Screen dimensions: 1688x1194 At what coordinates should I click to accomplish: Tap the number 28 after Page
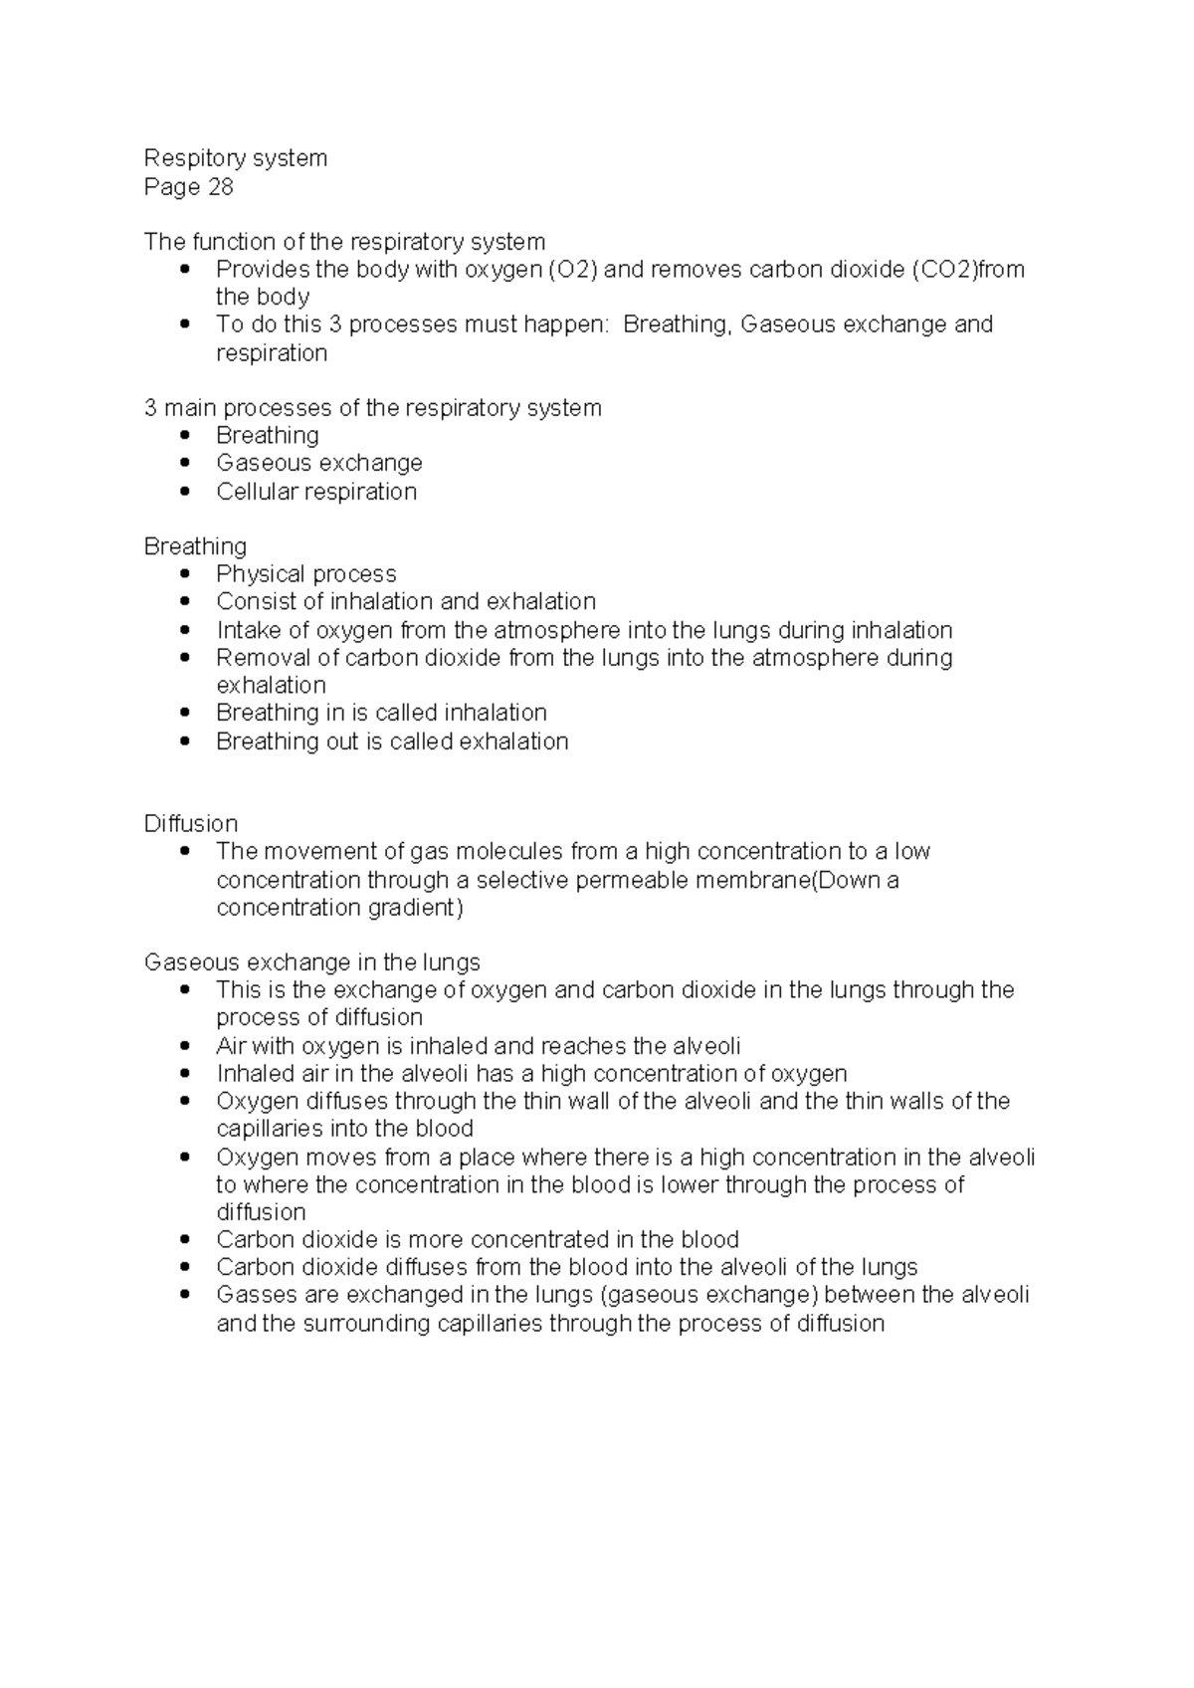pos(220,186)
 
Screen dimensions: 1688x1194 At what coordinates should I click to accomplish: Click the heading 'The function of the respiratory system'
pos(344,242)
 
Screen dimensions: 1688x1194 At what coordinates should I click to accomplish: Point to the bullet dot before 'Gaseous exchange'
pos(185,463)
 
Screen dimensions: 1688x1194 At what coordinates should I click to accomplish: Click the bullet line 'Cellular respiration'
pos(316,492)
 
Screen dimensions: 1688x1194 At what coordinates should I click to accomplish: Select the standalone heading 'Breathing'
pos(195,546)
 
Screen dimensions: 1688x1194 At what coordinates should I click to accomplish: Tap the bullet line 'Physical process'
pos(305,574)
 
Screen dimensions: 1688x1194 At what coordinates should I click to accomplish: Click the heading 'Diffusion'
pos(191,824)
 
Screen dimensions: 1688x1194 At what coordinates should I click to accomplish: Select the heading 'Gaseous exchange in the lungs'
pos(311,962)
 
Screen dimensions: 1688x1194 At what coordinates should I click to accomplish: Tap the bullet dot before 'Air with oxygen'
pos(185,1046)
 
